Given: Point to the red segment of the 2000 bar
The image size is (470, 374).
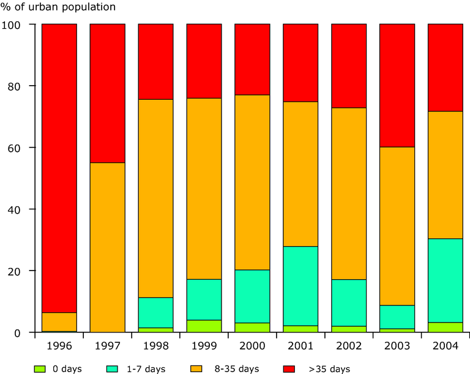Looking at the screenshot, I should (x=252, y=59).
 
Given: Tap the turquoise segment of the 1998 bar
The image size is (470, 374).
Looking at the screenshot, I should (x=155, y=313).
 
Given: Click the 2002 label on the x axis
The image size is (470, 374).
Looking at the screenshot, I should (x=349, y=346).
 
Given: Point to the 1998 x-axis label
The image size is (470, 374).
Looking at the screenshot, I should (x=155, y=346).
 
